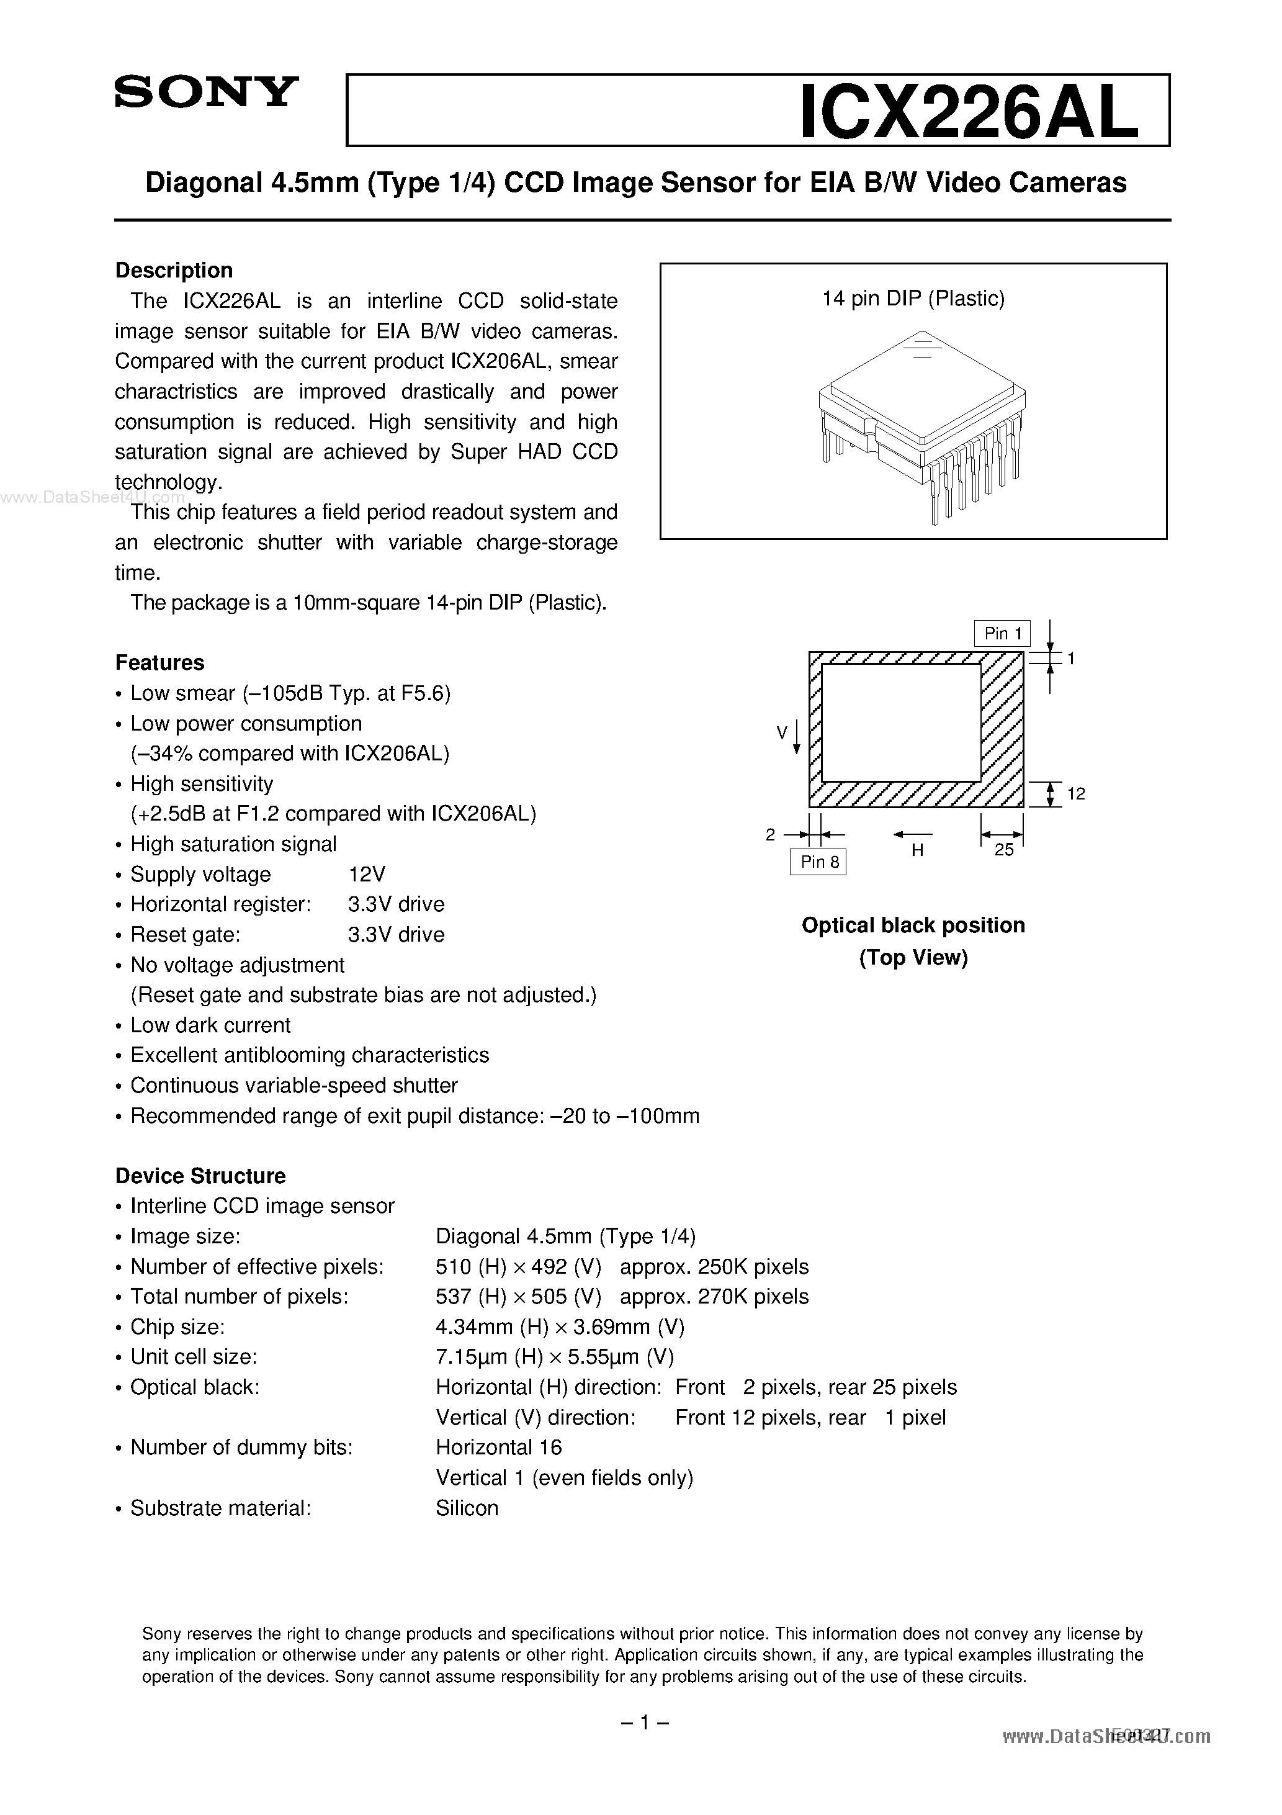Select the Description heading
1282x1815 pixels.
click(x=174, y=271)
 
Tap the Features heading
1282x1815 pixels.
click(x=159, y=662)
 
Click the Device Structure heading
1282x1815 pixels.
click(x=200, y=1176)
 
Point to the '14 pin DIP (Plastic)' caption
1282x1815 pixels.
click(x=913, y=299)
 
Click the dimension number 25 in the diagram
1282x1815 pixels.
click(x=1004, y=850)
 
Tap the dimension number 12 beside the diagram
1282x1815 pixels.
click(x=1076, y=794)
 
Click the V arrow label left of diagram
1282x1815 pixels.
click(x=782, y=733)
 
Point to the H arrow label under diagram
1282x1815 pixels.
click(x=917, y=850)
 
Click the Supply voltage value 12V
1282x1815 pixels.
click(x=367, y=875)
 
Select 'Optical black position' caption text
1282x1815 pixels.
click(x=913, y=926)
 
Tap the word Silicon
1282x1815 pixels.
click(x=467, y=1508)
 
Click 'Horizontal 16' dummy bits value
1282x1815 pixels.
click(x=499, y=1448)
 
